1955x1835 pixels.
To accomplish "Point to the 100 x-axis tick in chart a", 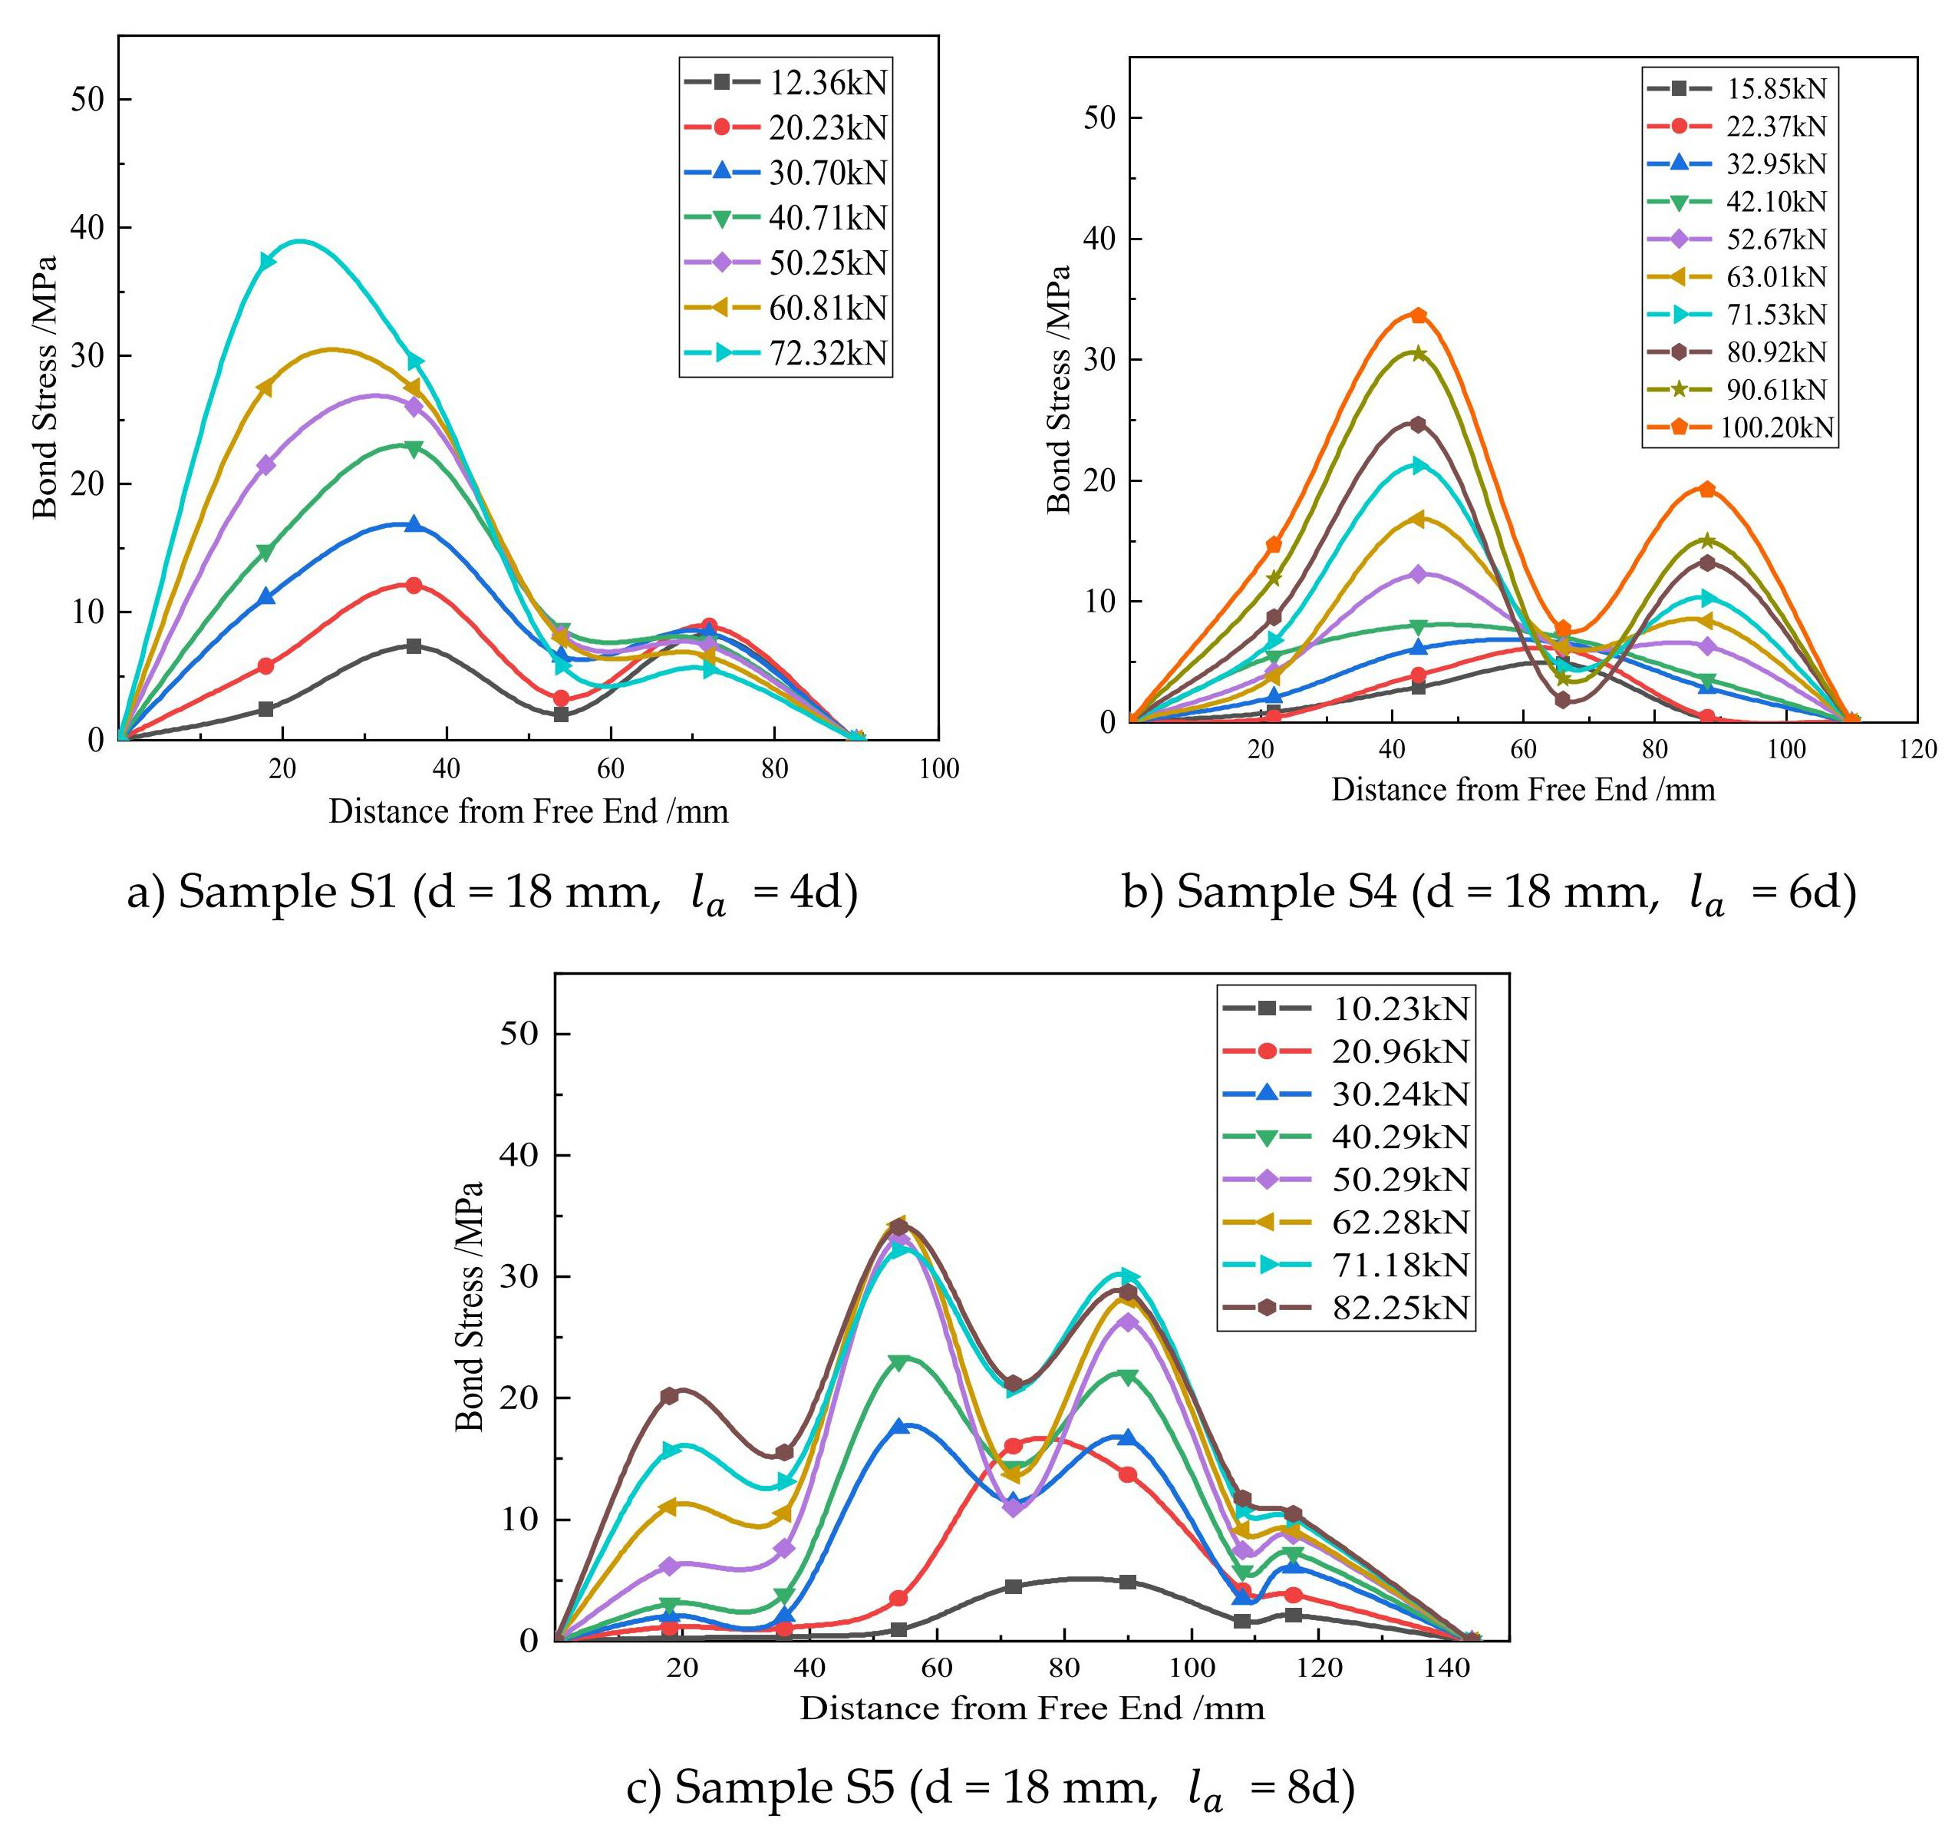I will coord(938,769).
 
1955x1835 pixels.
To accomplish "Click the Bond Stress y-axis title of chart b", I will coord(1058,388).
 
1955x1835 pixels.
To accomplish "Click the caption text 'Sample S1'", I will coord(287,892).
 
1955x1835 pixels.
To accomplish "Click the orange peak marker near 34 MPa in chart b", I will coord(1418,315).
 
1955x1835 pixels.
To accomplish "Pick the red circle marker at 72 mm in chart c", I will coord(1013,1447).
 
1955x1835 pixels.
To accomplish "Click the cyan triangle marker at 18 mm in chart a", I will coord(266,262).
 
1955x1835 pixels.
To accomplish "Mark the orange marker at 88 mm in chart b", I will coord(1707,490).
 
